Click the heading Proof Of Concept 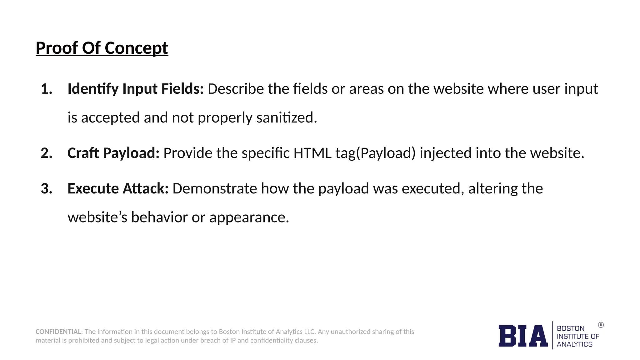102,48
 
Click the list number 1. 46,89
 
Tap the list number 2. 46,153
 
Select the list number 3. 46,189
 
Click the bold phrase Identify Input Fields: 136,89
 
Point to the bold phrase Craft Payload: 113,153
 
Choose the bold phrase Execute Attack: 118,189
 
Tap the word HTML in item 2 312,153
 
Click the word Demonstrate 215,189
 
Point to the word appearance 249,217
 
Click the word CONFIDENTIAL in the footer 59,332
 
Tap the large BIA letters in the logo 523,336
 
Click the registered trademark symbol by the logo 601,325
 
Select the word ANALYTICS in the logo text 574,344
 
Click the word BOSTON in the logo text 570,328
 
